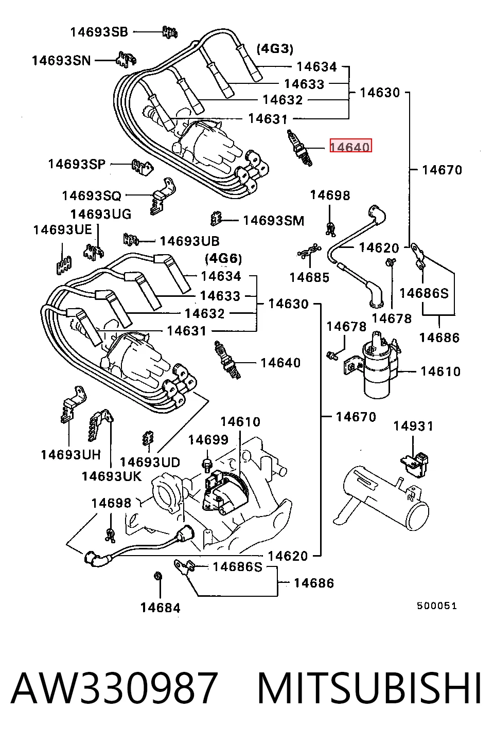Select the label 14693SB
[99, 32]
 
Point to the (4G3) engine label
[275, 49]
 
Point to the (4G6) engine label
[223, 258]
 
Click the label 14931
[413, 426]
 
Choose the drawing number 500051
[437, 606]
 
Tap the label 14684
[160, 608]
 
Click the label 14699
[208, 440]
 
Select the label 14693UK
[112, 476]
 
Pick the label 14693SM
[274, 221]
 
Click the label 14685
[309, 277]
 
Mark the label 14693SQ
[92, 196]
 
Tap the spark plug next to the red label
[299, 148]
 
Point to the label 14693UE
[62, 230]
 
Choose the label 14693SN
[61, 61]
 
